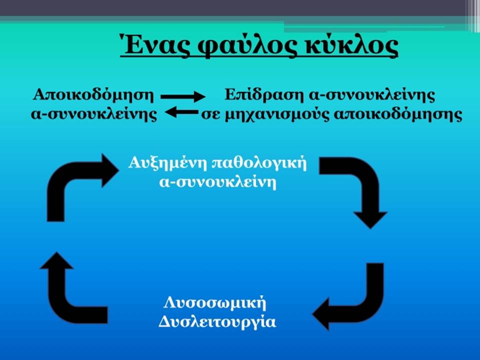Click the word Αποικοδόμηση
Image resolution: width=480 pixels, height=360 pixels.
[93, 95]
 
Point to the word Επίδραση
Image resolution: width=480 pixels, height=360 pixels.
[264, 95]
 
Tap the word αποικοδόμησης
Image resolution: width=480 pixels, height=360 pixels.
[397, 115]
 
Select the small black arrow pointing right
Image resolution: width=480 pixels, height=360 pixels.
[183, 96]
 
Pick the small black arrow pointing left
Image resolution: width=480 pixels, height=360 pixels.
[181, 112]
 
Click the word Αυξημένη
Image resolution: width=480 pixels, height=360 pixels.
[168, 163]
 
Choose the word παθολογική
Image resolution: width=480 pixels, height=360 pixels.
[259, 163]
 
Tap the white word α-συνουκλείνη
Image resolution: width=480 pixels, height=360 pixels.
[217, 182]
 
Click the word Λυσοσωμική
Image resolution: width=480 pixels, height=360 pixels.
[215, 303]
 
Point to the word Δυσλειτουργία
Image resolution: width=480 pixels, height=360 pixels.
[217, 322]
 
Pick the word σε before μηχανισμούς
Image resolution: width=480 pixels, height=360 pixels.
[210, 116]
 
